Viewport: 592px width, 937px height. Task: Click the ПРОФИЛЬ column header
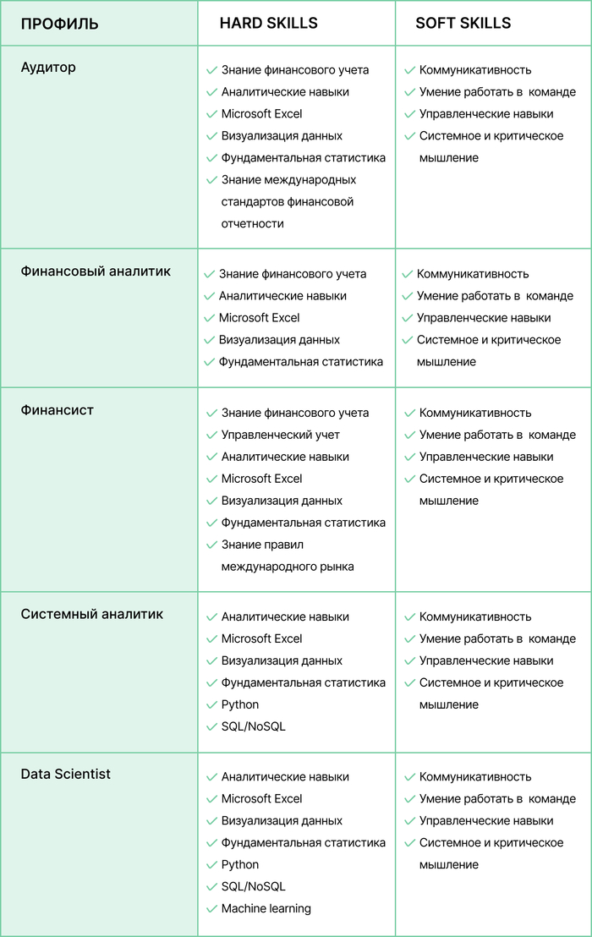[x=59, y=24]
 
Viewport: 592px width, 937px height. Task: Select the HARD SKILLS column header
[x=268, y=23]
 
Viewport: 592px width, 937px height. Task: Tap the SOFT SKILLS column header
[x=463, y=23]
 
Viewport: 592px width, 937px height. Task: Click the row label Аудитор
[x=48, y=68]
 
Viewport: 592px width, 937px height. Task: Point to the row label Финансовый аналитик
[x=96, y=271]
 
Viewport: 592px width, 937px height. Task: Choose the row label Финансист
[x=57, y=410]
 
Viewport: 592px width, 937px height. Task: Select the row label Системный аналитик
[x=91, y=614]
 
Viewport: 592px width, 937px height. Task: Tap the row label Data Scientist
[x=65, y=774]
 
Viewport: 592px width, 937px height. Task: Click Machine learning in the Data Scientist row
[x=266, y=908]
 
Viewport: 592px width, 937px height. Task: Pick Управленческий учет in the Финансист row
[x=280, y=435]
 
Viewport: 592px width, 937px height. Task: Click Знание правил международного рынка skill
[x=287, y=556]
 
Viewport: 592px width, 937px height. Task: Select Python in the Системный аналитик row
[x=240, y=704]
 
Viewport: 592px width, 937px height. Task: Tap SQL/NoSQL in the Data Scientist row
[x=253, y=886]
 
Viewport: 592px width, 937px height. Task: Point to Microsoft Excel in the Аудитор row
[x=261, y=114]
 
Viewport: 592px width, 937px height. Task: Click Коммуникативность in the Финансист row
[x=475, y=413]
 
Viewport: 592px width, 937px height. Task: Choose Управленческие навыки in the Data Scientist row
[x=486, y=820]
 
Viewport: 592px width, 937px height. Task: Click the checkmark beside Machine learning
[x=211, y=909]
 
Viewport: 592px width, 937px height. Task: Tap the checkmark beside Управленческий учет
[x=211, y=436]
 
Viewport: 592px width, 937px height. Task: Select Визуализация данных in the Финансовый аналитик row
[x=279, y=340]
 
